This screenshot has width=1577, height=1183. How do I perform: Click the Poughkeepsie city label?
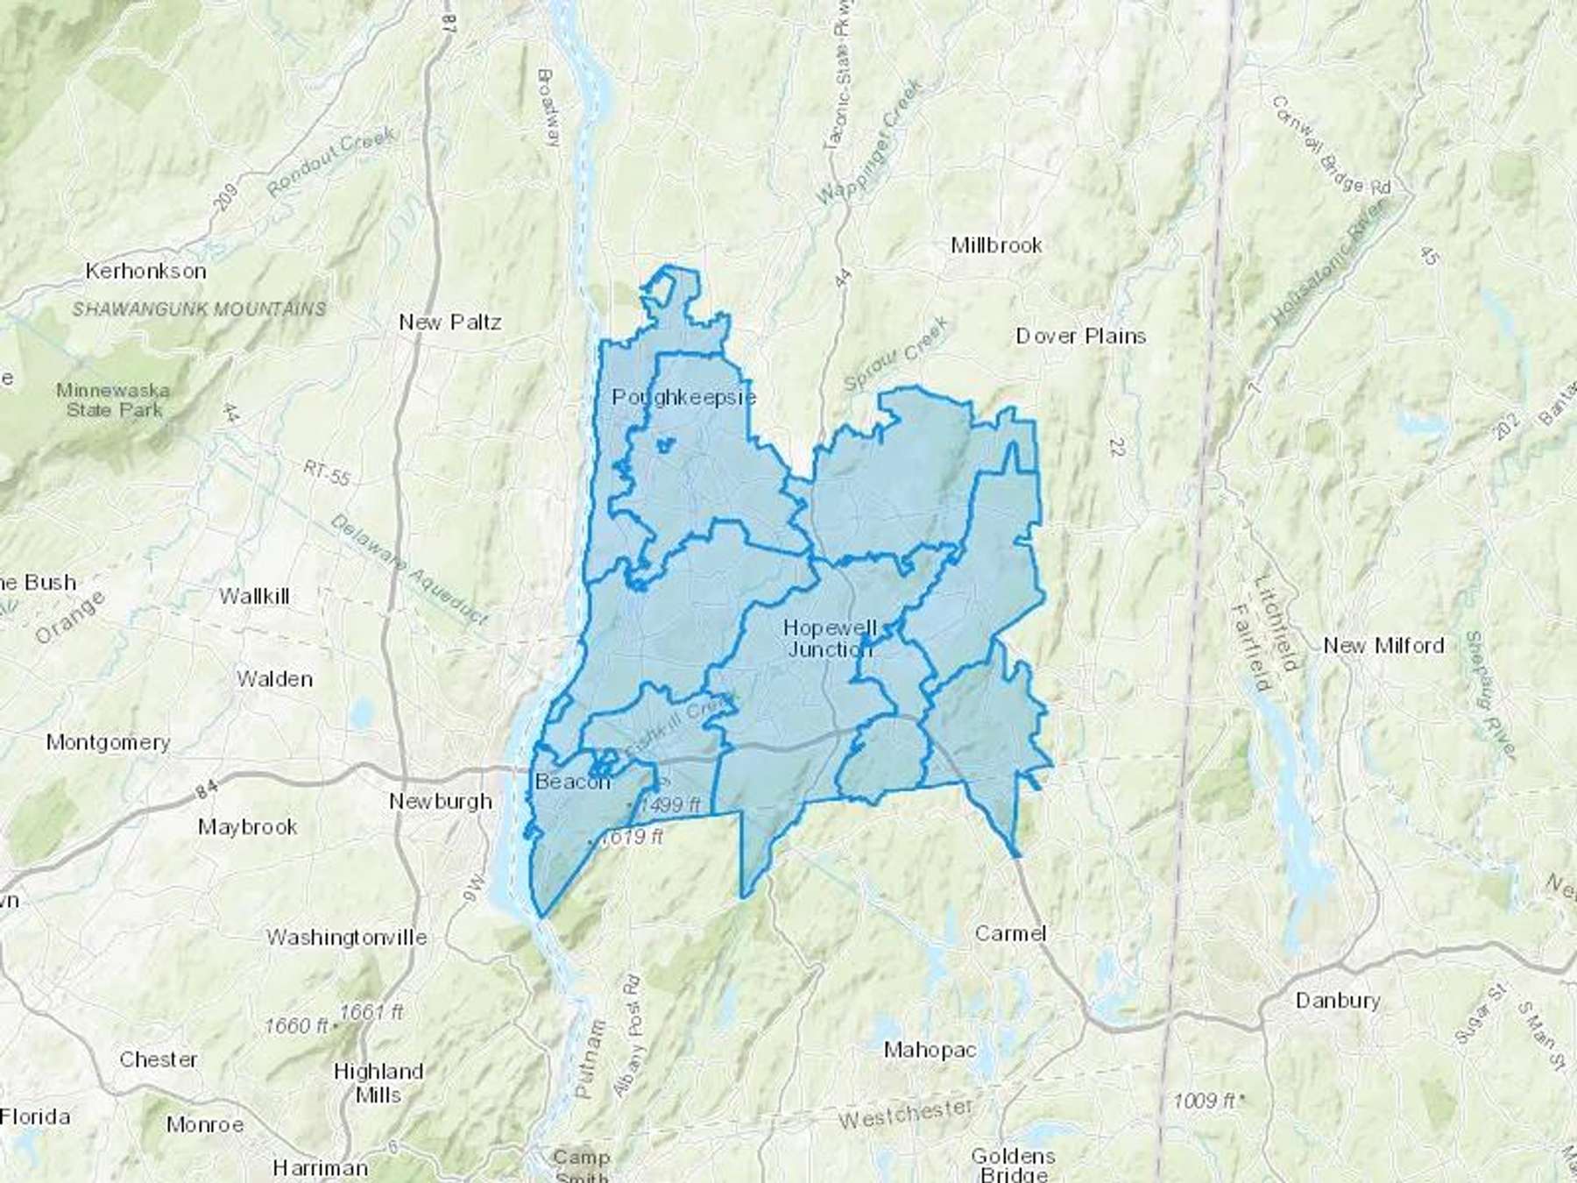click(683, 397)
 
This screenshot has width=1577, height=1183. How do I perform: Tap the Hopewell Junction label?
click(830, 638)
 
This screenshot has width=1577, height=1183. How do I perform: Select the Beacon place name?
click(572, 782)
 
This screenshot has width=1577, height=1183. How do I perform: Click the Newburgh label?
click(440, 801)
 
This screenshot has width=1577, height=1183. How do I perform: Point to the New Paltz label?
click(450, 322)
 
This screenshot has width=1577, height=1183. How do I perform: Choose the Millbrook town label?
click(996, 245)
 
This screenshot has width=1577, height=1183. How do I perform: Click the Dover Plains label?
click(1080, 336)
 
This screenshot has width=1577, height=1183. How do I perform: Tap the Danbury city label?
click(1337, 1000)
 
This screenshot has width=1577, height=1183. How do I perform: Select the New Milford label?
click(1383, 646)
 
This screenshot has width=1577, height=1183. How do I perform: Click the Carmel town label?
click(1010, 933)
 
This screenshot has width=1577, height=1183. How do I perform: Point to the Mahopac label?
click(930, 1049)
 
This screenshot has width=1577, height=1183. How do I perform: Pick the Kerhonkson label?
click(145, 271)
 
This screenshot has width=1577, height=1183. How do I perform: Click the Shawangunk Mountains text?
click(199, 308)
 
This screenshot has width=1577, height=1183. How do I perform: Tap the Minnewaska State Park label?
click(114, 400)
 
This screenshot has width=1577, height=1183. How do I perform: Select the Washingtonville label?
click(347, 937)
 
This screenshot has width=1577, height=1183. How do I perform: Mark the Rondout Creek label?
click(331, 161)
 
